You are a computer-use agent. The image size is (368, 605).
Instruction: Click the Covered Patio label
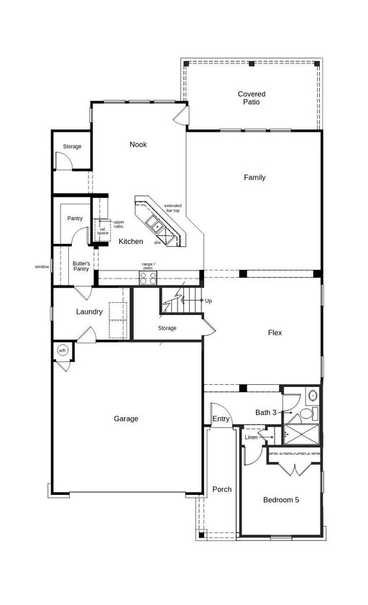[x=252, y=98]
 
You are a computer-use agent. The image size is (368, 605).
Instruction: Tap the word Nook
[x=138, y=145]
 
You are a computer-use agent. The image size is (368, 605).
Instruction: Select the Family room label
[x=254, y=177]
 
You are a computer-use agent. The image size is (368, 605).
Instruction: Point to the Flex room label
[x=275, y=332]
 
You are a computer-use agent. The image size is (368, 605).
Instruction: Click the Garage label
[x=126, y=419]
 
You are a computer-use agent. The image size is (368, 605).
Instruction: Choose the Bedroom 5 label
[x=281, y=500]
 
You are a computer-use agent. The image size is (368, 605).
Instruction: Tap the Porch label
[x=222, y=489]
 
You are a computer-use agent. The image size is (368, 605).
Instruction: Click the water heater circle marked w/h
[x=62, y=350]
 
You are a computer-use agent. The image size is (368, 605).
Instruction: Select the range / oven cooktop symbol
[x=148, y=278]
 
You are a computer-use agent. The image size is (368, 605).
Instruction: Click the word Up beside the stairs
[x=208, y=301]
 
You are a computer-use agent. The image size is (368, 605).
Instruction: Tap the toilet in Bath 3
[x=306, y=414]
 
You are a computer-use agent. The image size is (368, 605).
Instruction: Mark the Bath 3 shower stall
[x=301, y=435]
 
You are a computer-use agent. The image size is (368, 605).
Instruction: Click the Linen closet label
[x=251, y=437]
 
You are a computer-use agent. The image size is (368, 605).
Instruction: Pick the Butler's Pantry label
[x=81, y=266]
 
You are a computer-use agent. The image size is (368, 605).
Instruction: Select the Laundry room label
[x=89, y=311]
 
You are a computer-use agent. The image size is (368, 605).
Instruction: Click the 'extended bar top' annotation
[x=172, y=209]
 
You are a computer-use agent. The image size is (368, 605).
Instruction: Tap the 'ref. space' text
[x=103, y=232]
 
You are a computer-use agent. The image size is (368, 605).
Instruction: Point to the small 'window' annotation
[x=42, y=267]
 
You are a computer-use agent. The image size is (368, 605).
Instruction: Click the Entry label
[x=221, y=419]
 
